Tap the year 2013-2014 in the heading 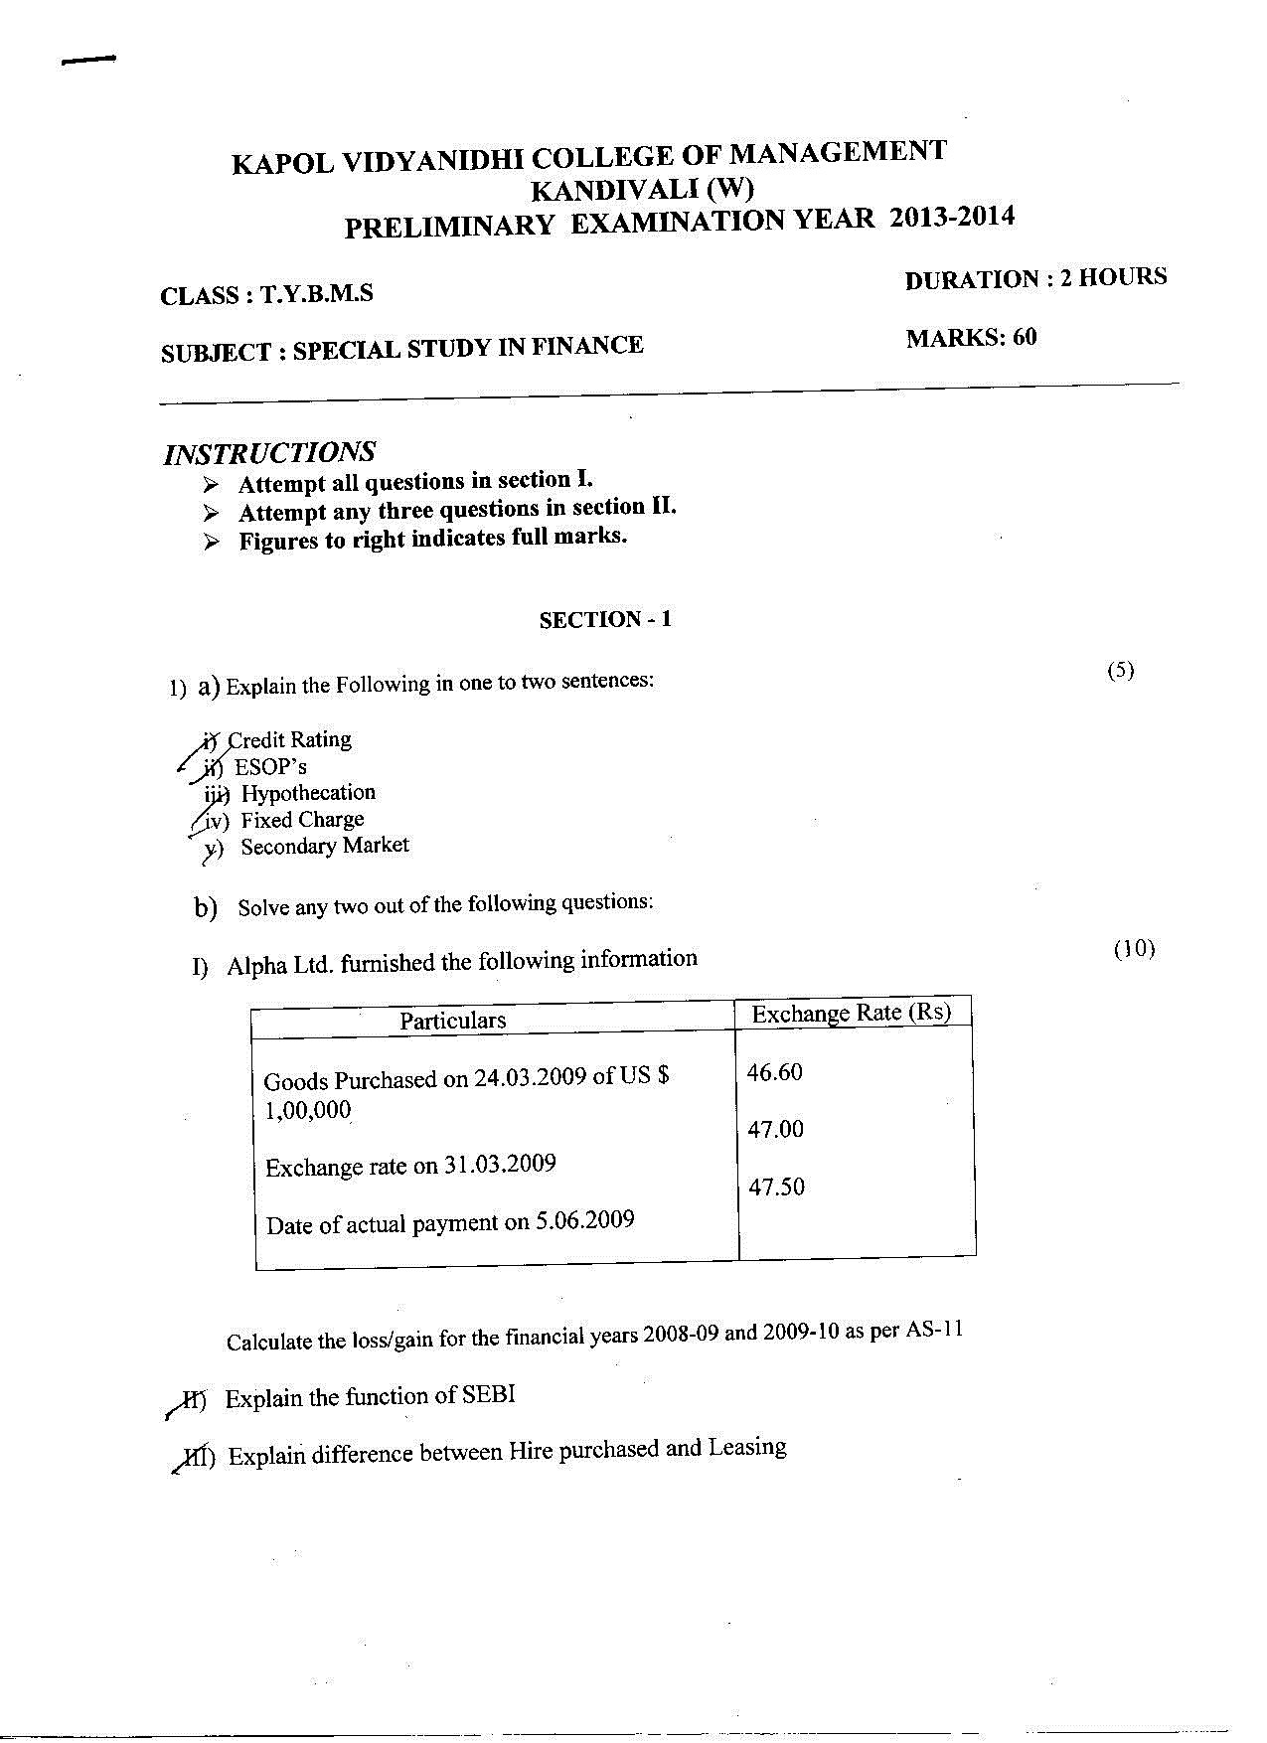952,218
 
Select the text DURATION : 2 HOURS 1035,279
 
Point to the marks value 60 1025,337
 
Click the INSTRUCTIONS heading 269,453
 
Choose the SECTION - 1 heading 605,620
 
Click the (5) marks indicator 1120,670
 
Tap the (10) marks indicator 1134,949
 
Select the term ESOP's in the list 270,767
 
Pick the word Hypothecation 308,793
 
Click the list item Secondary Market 324,847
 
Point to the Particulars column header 452,1021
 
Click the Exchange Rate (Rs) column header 851,1013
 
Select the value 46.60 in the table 774,1072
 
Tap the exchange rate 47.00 775,1129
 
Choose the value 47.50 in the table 776,1187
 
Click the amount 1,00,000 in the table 308,1110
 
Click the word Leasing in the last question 746,1448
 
